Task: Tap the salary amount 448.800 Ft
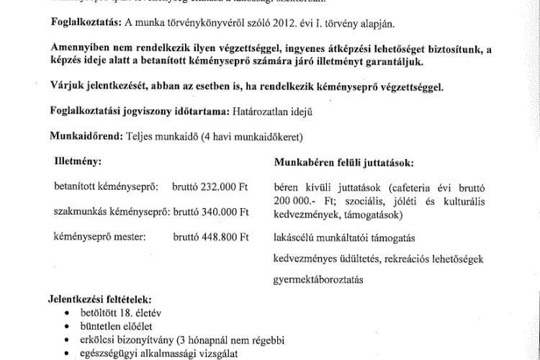tap(225, 236)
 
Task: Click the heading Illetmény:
tap(78, 162)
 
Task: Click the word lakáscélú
tap(294, 238)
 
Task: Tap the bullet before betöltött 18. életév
tap(67, 312)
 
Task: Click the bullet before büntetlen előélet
tap(67, 325)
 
